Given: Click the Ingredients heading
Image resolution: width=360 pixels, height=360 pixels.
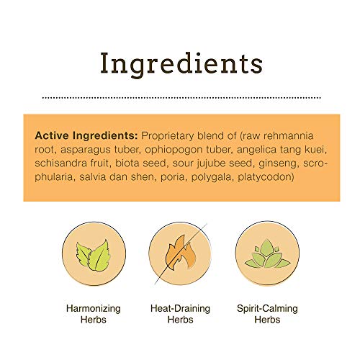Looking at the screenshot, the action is (181, 63).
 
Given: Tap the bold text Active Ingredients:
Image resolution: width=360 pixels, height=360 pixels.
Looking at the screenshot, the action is (86, 135).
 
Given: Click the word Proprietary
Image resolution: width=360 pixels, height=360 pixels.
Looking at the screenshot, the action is (167, 136).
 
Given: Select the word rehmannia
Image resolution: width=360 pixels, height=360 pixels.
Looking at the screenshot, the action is (288, 135).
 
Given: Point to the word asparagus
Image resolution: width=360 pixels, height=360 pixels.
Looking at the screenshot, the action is (86, 150).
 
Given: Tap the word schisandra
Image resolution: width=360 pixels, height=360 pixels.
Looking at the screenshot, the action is (60, 163).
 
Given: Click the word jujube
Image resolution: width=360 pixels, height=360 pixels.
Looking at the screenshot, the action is (211, 163).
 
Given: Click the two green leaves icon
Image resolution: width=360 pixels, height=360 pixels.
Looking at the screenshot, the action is (94, 255).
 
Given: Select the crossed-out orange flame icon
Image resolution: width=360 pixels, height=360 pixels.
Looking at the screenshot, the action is (180, 253).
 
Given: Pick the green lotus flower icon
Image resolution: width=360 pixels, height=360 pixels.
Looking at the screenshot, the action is (268, 253).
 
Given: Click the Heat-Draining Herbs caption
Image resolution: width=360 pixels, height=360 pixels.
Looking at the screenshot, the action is (180, 314).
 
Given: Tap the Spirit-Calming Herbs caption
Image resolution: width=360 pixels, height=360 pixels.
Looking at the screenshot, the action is (267, 314).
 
